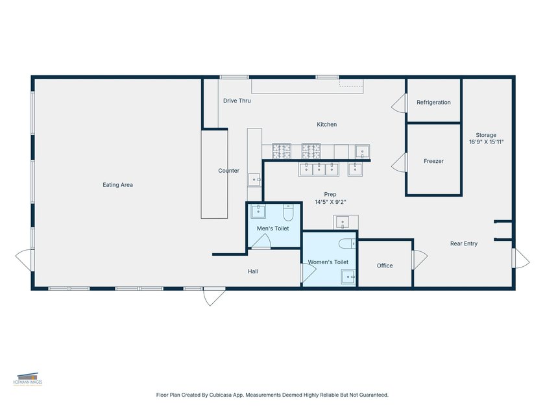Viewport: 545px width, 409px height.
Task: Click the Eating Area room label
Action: click(x=117, y=184)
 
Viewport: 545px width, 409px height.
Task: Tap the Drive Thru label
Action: click(x=237, y=101)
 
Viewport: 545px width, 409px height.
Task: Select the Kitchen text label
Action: click(x=326, y=124)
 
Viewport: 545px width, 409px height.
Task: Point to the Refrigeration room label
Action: click(x=433, y=103)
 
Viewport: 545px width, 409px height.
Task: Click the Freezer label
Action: click(x=433, y=161)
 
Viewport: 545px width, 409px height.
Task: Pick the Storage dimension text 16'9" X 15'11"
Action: click(x=486, y=142)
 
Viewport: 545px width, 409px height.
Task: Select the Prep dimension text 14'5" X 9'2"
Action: click(x=330, y=202)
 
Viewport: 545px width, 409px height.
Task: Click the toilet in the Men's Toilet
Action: click(x=289, y=212)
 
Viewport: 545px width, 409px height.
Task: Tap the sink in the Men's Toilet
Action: click(x=258, y=212)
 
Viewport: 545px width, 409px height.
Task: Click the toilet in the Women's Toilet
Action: click(x=347, y=243)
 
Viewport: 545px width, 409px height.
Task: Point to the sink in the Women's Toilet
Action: click(x=348, y=277)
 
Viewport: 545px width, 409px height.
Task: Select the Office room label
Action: click(x=385, y=266)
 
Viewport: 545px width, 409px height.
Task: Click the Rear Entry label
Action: click(x=464, y=243)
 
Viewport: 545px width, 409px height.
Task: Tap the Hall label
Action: click(x=252, y=271)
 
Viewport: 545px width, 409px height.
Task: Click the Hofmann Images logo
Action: click(x=28, y=378)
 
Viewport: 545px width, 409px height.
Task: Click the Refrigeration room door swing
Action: click(x=398, y=103)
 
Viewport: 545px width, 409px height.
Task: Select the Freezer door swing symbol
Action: click(x=398, y=162)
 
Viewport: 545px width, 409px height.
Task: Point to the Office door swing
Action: click(x=420, y=260)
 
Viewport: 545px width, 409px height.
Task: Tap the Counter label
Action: click(x=228, y=170)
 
